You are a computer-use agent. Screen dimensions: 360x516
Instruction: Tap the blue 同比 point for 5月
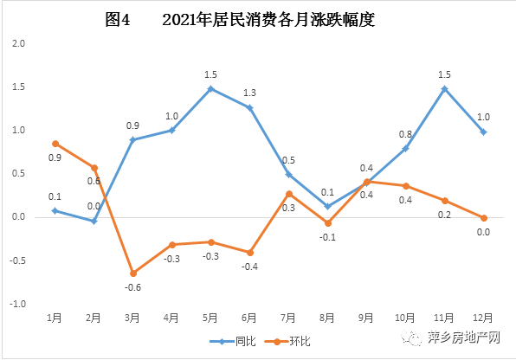[210, 88]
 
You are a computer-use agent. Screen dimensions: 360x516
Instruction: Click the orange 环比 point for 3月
[132, 273]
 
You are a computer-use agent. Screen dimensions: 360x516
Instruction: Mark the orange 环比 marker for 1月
[55, 144]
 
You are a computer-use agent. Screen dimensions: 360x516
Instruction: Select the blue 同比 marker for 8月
[328, 206]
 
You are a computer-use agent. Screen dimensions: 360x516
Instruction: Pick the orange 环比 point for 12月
[484, 218]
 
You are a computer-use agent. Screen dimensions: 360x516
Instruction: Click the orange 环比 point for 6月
[250, 253]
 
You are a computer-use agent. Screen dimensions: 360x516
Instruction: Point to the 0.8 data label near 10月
[405, 134]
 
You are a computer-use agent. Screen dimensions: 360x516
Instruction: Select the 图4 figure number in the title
[116, 21]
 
